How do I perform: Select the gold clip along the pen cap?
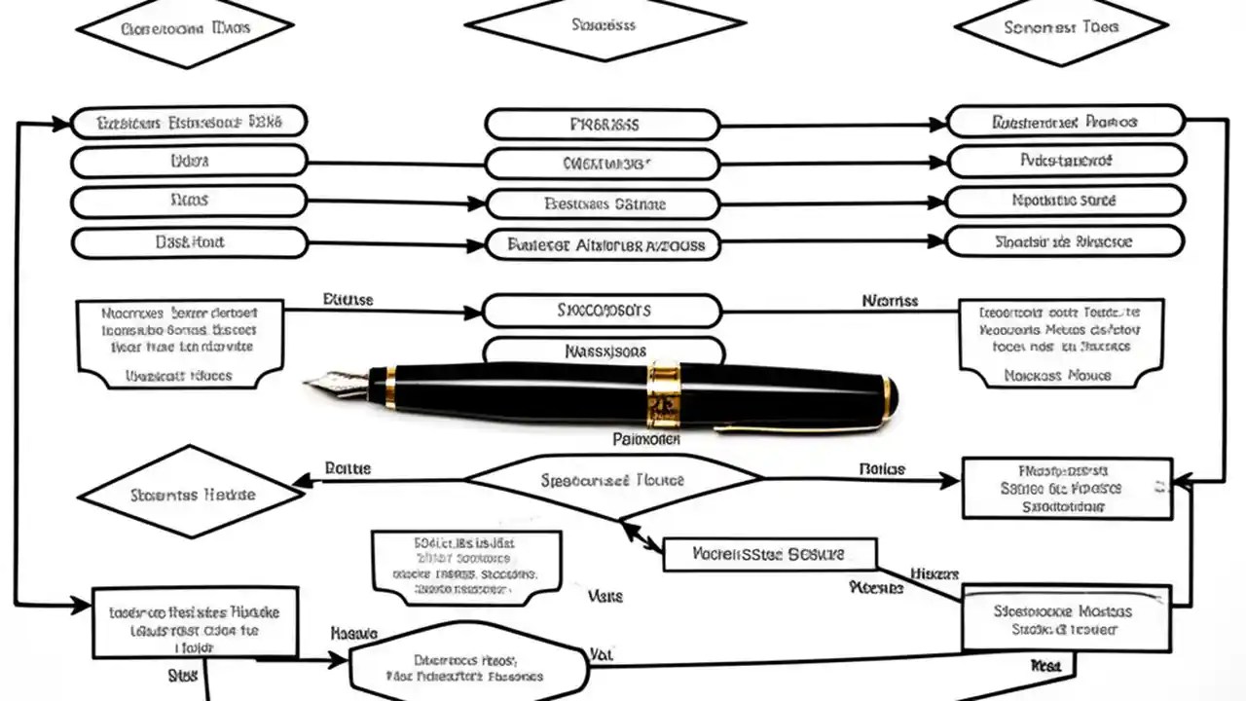pyautogui.click(x=798, y=424)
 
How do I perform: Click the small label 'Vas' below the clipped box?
pyautogui.click(x=605, y=595)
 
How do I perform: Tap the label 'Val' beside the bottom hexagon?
pyautogui.click(x=601, y=655)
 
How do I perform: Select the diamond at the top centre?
pyautogui.click(x=605, y=24)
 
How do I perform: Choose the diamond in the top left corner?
pyautogui.click(x=184, y=29)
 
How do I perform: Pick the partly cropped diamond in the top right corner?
pyautogui.click(x=1061, y=29)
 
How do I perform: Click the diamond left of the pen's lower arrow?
pyautogui.click(x=191, y=494)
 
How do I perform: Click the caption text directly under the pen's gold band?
pyautogui.click(x=646, y=440)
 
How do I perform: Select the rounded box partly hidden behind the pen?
pyautogui.click(x=604, y=348)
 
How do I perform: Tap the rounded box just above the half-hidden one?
pyautogui.click(x=603, y=312)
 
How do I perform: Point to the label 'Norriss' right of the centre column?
pyautogui.click(x=890, y=301)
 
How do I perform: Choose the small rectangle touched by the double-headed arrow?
pyautogui.click(x=769, y=554)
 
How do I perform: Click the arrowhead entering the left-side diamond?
pyautogui.click(x=304, y=479)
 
